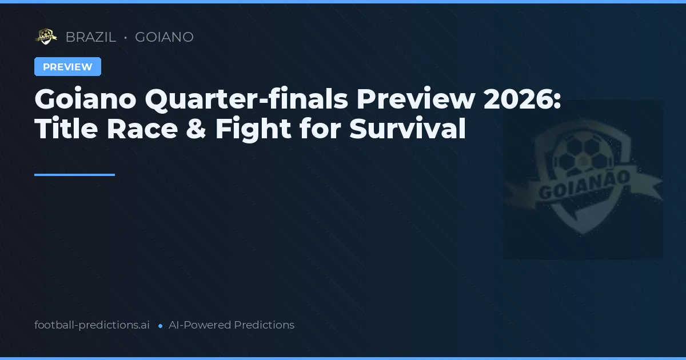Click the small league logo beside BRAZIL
[x=46, y=37]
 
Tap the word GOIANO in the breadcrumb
[x=164, y=37]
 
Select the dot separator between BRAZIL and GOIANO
[x=125, y=38]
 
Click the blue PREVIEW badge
[x=67, y=67]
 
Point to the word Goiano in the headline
[x=85, y=100]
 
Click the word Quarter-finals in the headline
[x=246, y=100]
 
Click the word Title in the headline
[x=65, y=129]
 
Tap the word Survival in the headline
[x=408, y=129]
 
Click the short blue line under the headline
[x=74, y=175]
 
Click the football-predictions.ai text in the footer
[x=92, y=325]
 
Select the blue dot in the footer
[x=160, y=326]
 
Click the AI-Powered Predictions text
[x=232, y=325]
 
